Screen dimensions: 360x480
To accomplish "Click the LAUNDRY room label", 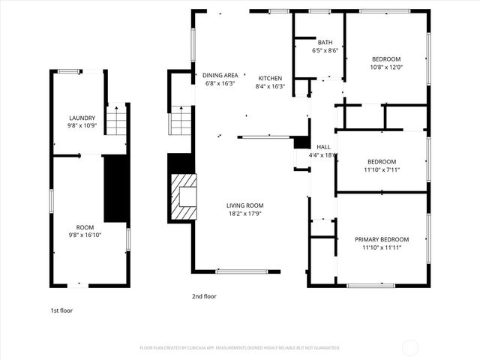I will pyautogui.click(x=82, y=118).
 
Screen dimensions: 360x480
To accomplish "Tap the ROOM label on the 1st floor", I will pyautogui.click(x=85, y=226).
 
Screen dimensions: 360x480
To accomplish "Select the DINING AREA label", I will pyautogui.click(x=220, y=75).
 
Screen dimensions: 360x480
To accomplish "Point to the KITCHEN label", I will pyautogui.click(x=270, y=78).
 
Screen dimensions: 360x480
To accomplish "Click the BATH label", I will pyautogui.click(x=325, y=43).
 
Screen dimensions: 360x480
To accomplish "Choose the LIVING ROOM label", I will pyautogui.click(x=245, y=205).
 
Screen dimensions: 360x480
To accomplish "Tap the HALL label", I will pyautogui.click(x=323, y=147).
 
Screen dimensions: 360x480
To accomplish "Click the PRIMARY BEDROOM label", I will pyautogui.click(x=382, y=239).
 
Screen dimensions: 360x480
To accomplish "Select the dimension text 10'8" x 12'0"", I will pyautogui.click(x=386, y=67).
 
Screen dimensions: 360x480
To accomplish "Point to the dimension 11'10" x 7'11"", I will pyautogui.click(x=382, y=169).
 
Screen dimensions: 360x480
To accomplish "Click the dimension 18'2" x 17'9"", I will pyautogui.click(x=245, y=213).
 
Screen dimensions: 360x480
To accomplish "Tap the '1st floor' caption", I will pyautogui.click(x=61, y=310).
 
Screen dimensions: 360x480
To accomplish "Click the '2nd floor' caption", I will pyautogui.click(x=204, y=296).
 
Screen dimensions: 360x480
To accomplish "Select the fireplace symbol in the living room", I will pyautogui.click(x=183, y=196).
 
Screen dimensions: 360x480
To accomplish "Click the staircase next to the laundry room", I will pyautogui.click(x=116, y=120).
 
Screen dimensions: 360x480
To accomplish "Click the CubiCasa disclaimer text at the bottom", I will pyautogui.click(x=240, y=348).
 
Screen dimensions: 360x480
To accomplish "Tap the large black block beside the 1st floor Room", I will pyautogui.click(x=115, y=188).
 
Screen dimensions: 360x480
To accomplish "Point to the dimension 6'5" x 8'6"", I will pyautogui.click(x=325, y=51).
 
